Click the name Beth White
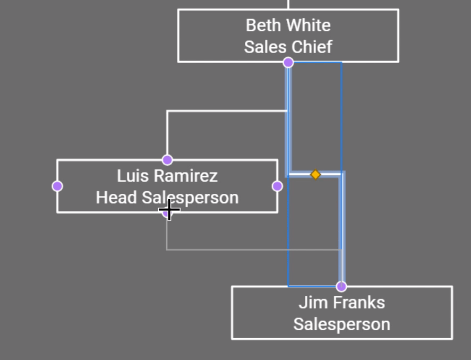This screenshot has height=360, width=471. [x=288, y=25]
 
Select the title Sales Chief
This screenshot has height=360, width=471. [x=288, y=47]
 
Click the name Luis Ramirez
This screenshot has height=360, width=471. [x=167, y=176]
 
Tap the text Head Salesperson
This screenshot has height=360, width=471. [x=167, y=198]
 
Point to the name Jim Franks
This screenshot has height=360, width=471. [x=341, y=303]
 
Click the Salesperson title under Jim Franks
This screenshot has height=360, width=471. [x=341, y=324]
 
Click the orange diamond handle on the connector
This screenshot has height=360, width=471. [x=315, y=175]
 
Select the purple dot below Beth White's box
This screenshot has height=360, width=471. [x=288, y=63]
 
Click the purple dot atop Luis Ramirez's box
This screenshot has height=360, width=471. [x=167, y=160]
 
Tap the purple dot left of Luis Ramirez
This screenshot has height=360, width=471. [x=57, y=186]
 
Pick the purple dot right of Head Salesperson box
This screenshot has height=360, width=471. [x=277, y=186]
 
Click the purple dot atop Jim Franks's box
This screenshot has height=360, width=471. [x=341, y=287]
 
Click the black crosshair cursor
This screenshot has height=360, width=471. [x=169, y=210]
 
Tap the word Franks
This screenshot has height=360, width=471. [x=359, y=303]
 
